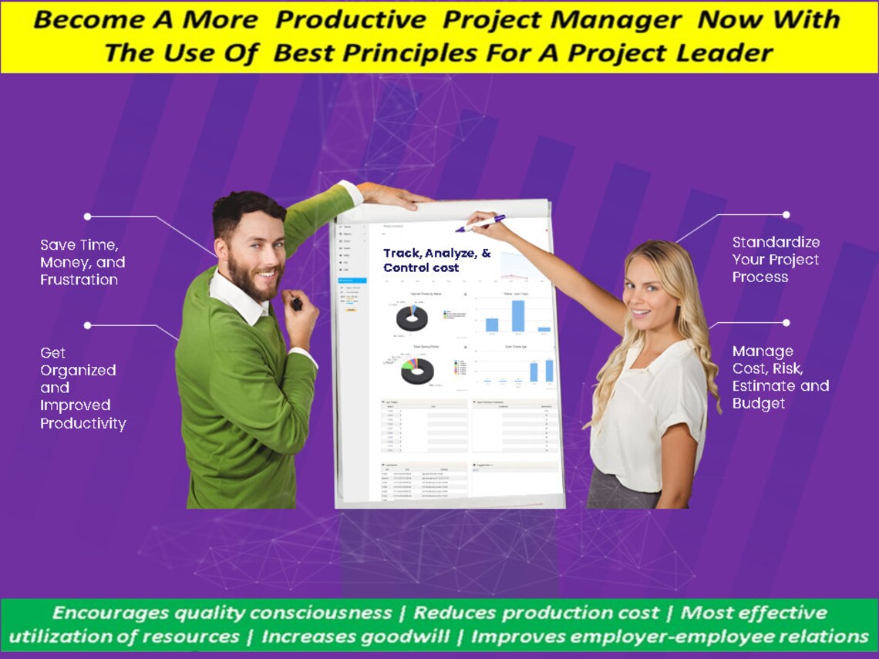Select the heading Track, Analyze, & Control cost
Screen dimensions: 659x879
437,261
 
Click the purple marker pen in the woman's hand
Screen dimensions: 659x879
481,224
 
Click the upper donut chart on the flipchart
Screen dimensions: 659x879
412,318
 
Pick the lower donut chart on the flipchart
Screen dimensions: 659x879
416,371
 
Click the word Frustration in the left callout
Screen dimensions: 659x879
79,280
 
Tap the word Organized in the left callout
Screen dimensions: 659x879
78,371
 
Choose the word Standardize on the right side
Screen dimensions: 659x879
776,242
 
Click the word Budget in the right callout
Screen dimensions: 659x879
759,403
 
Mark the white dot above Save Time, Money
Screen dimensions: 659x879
87,217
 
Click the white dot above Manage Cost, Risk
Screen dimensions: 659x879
786,323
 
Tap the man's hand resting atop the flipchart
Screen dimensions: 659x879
393,195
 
